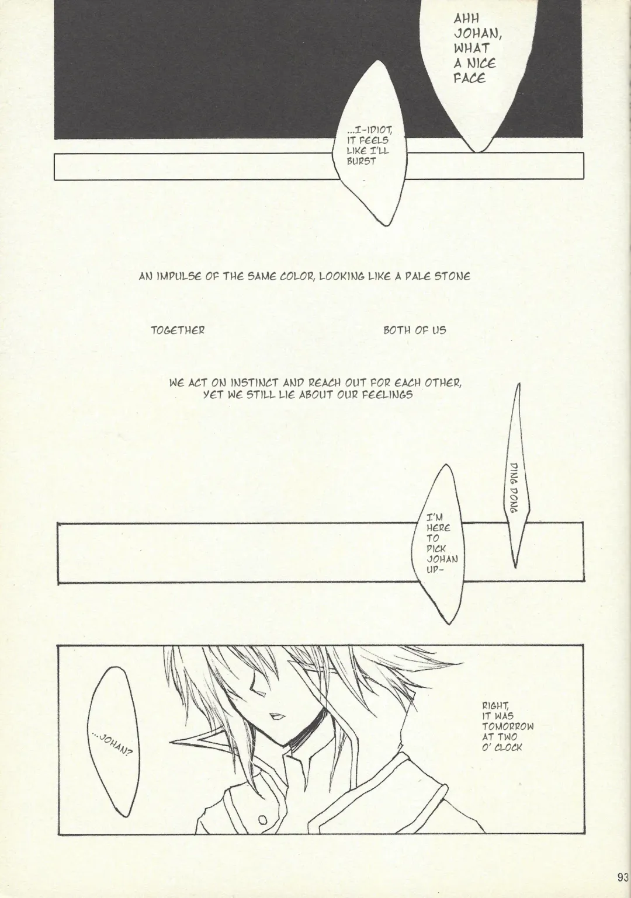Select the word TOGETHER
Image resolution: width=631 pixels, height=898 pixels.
[178, 330]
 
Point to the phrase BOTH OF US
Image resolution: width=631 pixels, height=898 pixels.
[415, 330]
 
